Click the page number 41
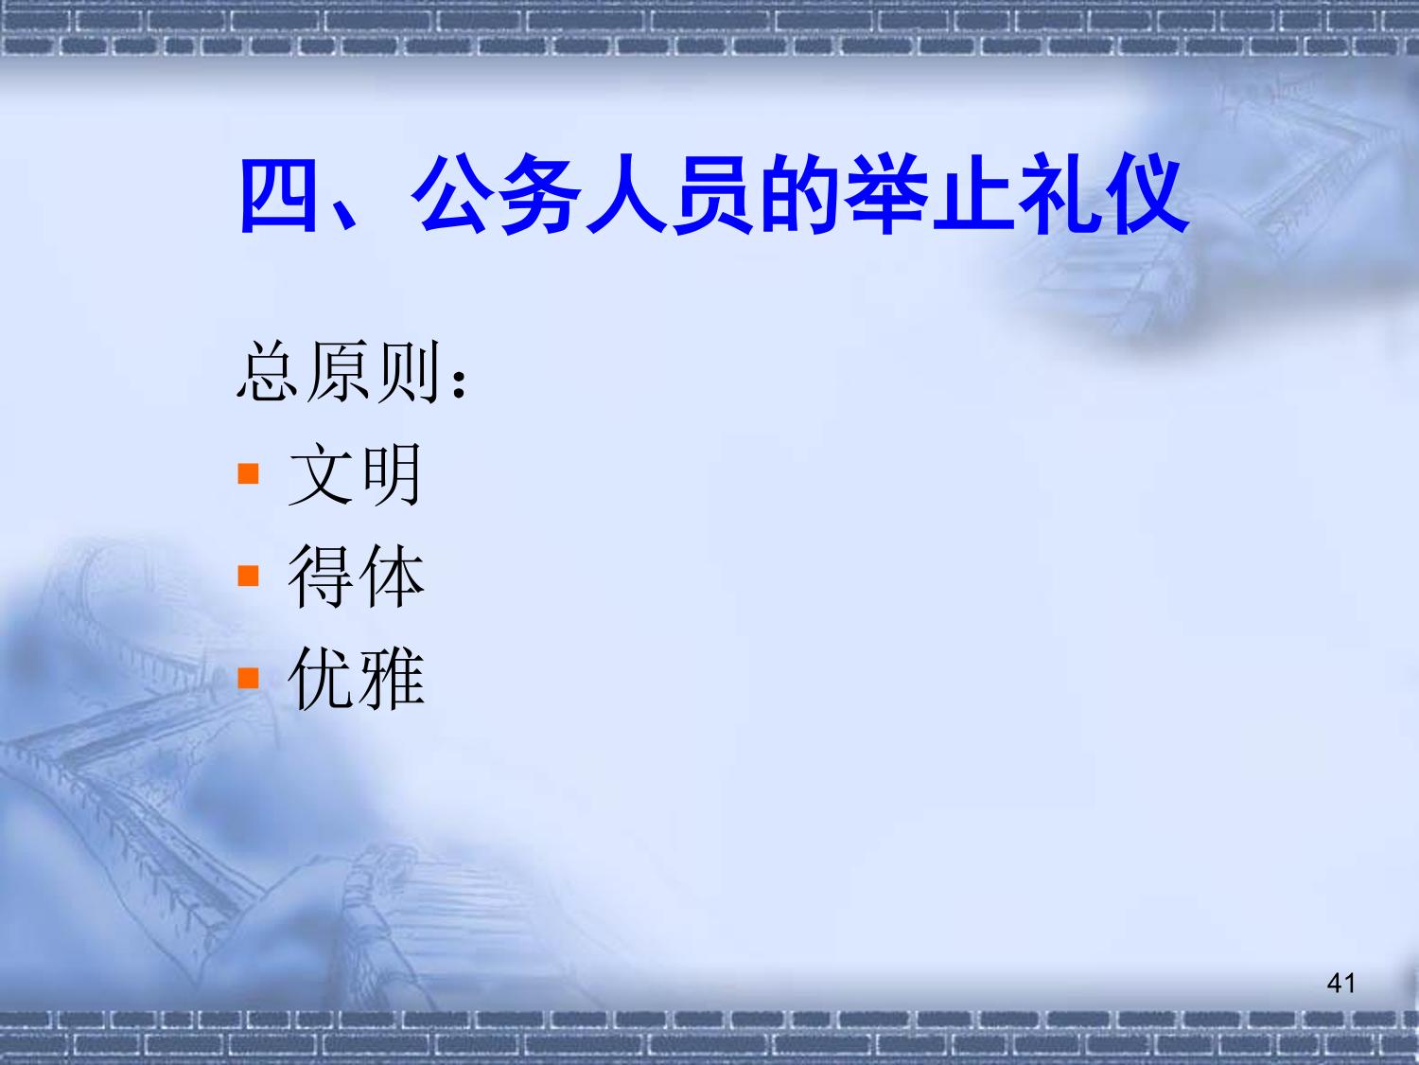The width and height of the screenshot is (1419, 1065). [1340, 984]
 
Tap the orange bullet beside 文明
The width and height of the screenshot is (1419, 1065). [248, 473]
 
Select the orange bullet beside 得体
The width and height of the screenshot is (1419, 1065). [248, 576]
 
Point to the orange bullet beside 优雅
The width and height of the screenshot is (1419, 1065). [248, 678]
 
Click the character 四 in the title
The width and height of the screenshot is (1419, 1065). [279, 195]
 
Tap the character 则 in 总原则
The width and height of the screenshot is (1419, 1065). [409, 371]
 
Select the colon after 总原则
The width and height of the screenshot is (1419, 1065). [460, 382]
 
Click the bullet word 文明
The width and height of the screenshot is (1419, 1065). [355, 474]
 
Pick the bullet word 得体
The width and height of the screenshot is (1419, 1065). [357, 577]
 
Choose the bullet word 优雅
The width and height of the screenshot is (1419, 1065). [357, 679]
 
